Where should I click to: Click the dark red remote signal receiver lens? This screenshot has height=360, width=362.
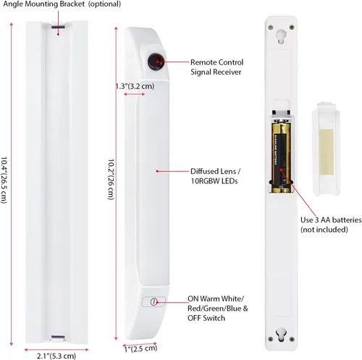point(156,62)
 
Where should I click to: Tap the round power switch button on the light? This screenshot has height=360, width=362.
point(153,301)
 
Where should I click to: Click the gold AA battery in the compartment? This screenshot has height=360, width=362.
point(281,158)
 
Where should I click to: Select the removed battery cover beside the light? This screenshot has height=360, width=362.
point(326,148)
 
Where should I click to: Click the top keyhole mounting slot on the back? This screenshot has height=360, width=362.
point(281,36)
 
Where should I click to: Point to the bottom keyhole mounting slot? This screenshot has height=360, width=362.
point(281,335)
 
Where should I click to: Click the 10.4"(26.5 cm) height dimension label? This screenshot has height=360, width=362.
point(4,180)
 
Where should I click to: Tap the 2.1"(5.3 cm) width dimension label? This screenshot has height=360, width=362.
point(56,356)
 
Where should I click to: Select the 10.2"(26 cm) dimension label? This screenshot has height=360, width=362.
point(111,179)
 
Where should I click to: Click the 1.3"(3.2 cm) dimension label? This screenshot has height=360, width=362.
point(135,86)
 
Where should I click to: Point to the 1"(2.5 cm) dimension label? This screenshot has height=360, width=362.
point(140,348)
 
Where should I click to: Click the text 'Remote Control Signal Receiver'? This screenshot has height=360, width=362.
point(216,67)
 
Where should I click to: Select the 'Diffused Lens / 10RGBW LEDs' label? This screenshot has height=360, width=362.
point(215,176)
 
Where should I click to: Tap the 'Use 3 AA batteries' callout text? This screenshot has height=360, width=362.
point(331,220)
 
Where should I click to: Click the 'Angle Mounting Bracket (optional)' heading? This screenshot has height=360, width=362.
point(62,4)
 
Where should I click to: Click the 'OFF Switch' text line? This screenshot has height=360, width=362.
point(206,318)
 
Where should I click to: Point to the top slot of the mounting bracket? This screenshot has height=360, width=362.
point(58,27)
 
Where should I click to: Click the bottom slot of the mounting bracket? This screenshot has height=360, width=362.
point(58,337)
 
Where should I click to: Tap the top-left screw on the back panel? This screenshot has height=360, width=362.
point(271,28)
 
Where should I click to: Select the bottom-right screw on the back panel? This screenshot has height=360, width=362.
point(292,339)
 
